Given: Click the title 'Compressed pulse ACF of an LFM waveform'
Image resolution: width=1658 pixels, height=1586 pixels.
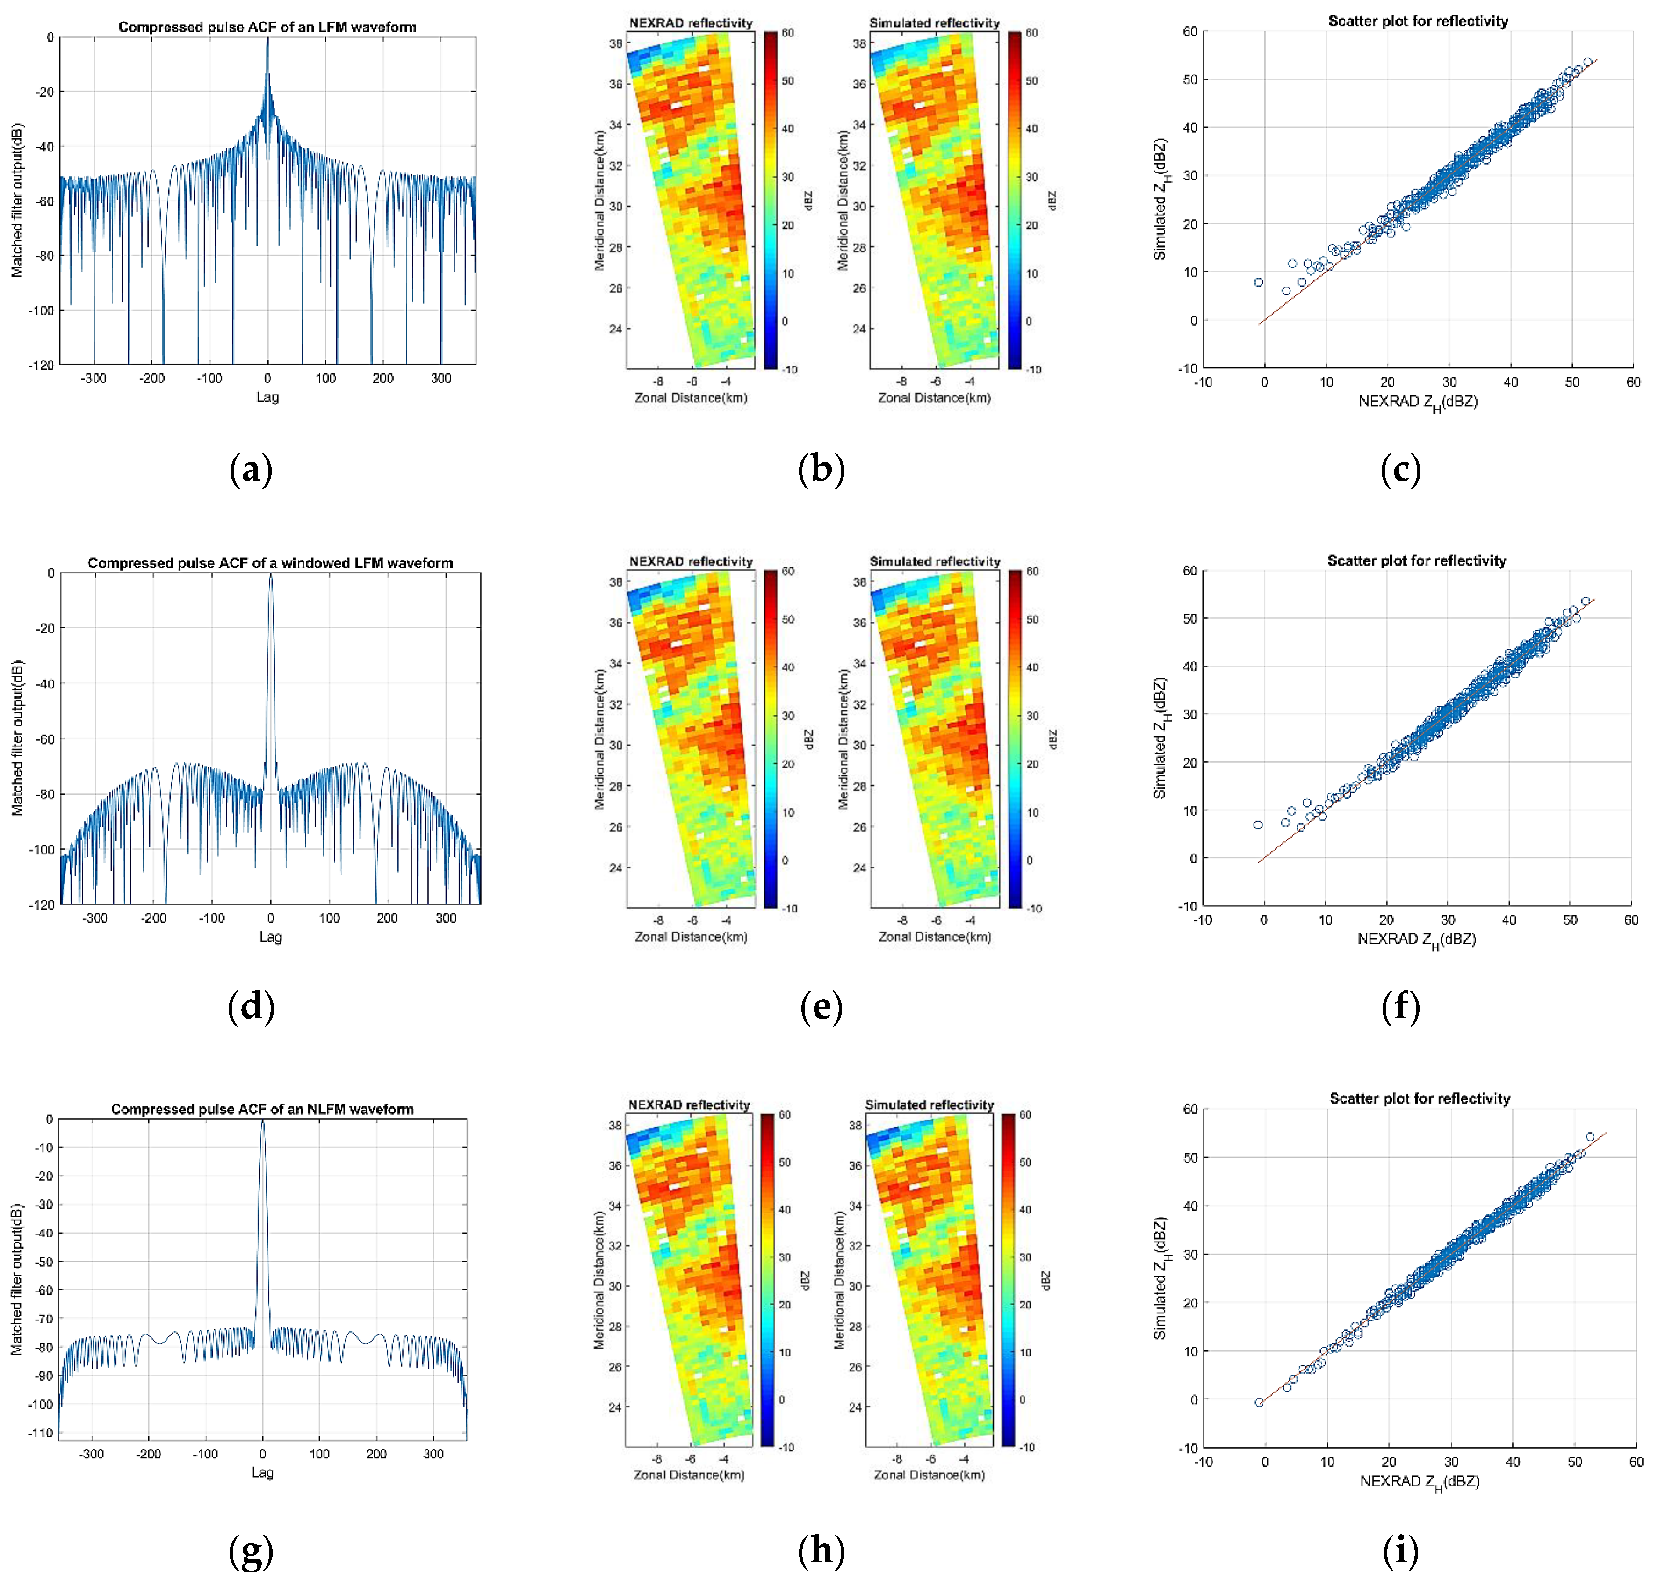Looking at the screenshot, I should click(x=267, y=27).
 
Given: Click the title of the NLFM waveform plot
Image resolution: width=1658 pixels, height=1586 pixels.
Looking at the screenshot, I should click(x=262, y=1109).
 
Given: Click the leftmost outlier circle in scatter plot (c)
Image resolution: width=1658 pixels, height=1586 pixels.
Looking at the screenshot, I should click(x=1258, y=282).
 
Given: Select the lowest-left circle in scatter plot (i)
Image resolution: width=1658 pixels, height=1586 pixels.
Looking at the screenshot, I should click(x=1259, y=1403).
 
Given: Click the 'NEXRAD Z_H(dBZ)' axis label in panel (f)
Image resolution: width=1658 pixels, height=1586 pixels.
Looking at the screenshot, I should click(x=1416, y=939).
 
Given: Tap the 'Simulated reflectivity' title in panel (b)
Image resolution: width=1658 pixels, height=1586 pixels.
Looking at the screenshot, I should click(x=934, y=23).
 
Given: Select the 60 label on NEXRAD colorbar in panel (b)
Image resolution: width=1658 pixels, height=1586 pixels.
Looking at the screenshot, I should click(x=787, y=33).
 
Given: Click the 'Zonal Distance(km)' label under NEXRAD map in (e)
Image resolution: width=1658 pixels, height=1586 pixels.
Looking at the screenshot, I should click(x=691, y=937).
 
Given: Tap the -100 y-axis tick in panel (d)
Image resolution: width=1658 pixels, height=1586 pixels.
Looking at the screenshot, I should click(x=42, y=850).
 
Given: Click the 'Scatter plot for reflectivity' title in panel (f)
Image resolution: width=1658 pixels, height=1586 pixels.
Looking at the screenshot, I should click(x=1416, y=560).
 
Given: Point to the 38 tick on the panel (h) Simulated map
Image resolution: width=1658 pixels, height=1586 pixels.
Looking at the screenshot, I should click(x=855, y=1125).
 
